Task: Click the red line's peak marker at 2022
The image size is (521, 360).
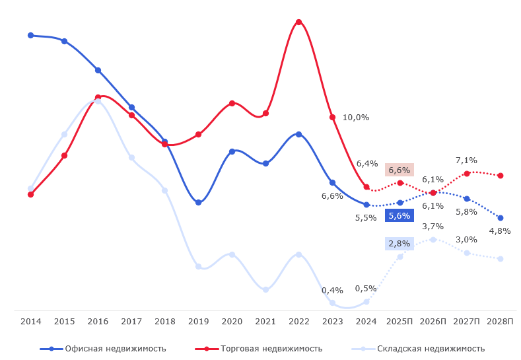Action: pos(299,22)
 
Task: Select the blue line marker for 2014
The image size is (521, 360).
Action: pos(31,35)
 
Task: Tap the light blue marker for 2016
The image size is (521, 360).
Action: pos(98,101)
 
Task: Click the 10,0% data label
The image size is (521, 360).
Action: pos(356,118)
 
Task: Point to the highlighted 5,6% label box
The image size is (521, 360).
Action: pos(399,215)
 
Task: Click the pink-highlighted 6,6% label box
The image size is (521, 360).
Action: pos(399,170)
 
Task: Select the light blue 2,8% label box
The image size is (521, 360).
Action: pos(399,244)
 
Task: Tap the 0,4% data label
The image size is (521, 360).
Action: pos(332,290)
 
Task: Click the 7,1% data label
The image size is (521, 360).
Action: pos(466,160)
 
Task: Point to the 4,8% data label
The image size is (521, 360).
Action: pos(500,231)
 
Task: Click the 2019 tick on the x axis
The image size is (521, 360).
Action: pos(199,321)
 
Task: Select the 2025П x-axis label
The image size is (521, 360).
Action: pos(399,321)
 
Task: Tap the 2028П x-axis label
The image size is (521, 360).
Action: pos(500,321)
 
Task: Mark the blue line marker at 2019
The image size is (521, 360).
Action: pos(199,202)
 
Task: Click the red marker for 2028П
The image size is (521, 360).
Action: pos(501,176)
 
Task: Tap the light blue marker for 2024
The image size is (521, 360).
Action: pos(366,302)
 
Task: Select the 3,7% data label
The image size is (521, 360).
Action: pos(433,226)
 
